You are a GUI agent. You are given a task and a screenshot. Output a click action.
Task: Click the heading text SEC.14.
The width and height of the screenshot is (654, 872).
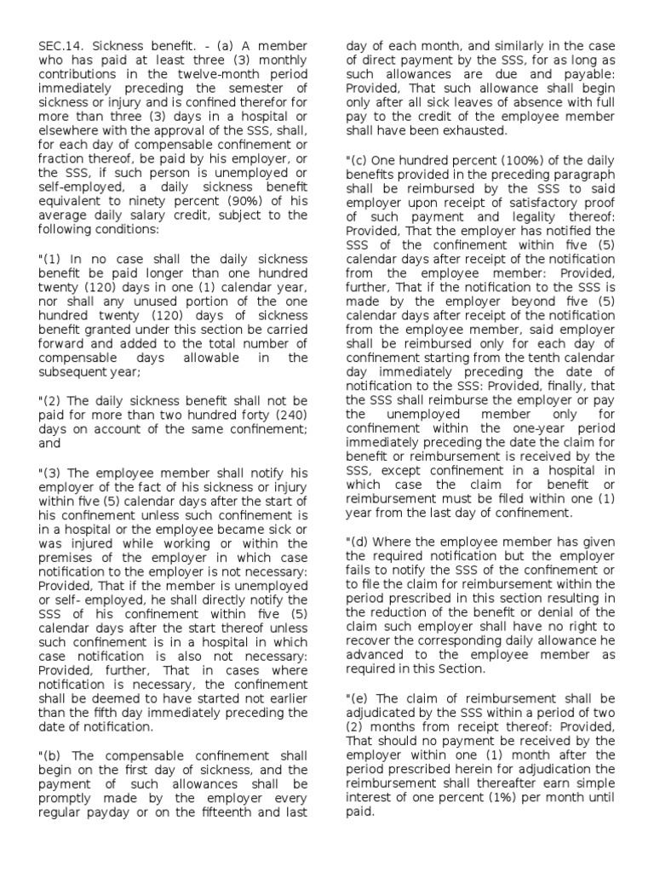click(62, 44)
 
